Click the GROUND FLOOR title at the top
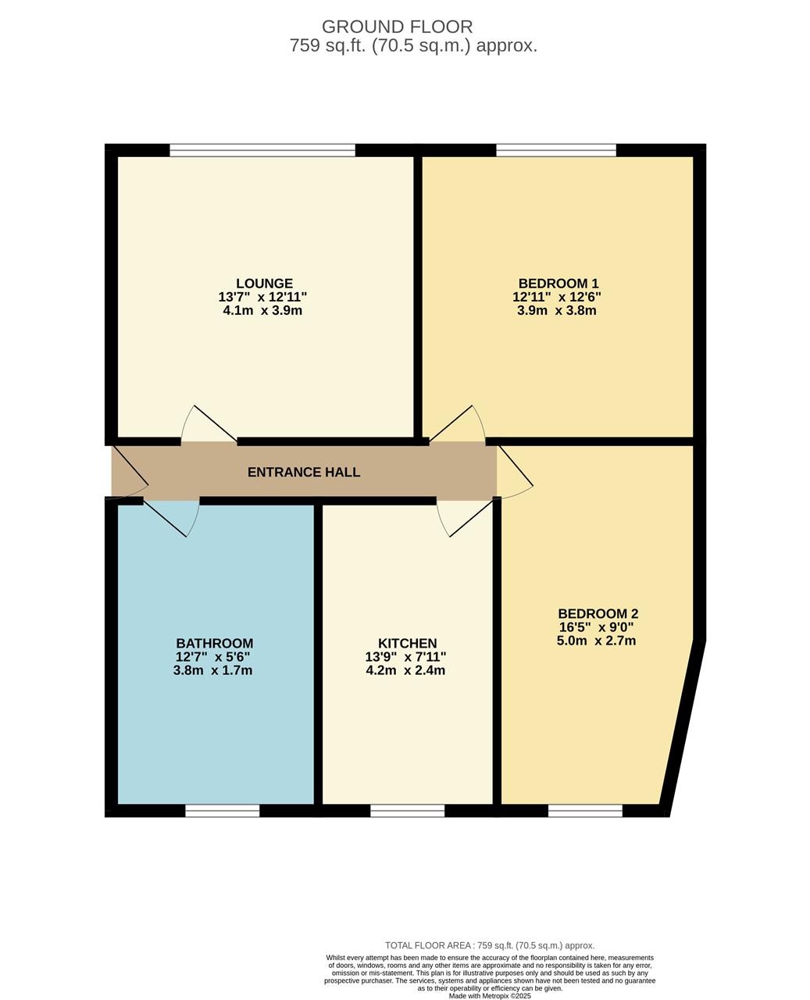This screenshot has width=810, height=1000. pos(397,27)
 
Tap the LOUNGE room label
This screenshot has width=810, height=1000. pos(264,284)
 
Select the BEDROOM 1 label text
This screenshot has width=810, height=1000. pos(558,284)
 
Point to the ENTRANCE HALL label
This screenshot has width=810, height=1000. pos(304,472)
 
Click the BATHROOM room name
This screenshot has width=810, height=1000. pos(214,644)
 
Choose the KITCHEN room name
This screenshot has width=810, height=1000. pos(407,644)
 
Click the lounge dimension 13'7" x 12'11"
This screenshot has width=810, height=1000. pos(262,297)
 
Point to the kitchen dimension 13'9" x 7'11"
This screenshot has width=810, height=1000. pos(405,657)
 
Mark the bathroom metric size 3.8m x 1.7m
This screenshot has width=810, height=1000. pos(212,670)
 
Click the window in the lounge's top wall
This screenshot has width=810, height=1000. pos(262,150)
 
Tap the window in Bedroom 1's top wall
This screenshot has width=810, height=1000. pos(556,150)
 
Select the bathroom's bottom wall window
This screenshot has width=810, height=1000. pos(222,811)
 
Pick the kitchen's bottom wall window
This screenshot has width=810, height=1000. pos(407,811)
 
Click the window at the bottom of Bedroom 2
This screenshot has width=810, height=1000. pos(585,811)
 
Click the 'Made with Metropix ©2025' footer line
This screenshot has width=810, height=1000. pos(490,996)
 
